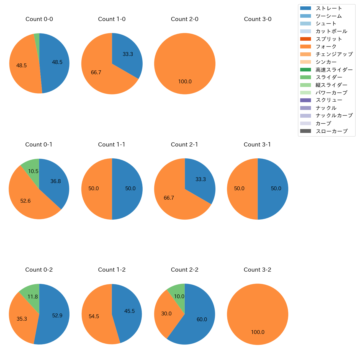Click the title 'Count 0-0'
(39, 19)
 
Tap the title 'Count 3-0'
(258, 19)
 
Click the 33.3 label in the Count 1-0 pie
(128, 54)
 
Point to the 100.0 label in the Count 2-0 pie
(185, 82)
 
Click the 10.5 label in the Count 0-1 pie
(33, 171)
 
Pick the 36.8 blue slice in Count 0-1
(56, 181)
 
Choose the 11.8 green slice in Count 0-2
(33, 297)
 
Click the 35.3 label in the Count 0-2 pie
(22, 319)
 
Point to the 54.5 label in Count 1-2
(94, 317)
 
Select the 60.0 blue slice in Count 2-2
(202, 320)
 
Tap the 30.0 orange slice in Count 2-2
(166, 314)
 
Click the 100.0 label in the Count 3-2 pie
(258, 332)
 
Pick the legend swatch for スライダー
(305, 77)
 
